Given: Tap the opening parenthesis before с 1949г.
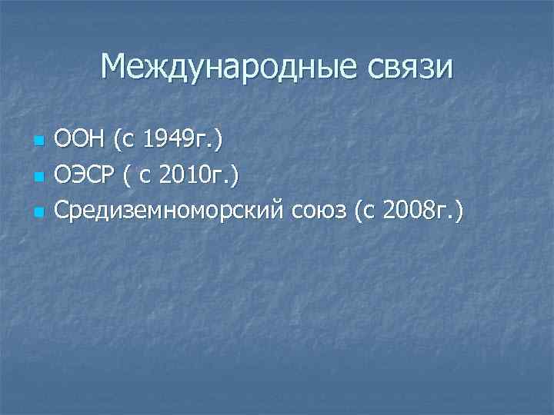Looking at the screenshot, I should [x=116, y=141].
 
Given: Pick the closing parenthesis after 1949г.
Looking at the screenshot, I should [x=220, y=141].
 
